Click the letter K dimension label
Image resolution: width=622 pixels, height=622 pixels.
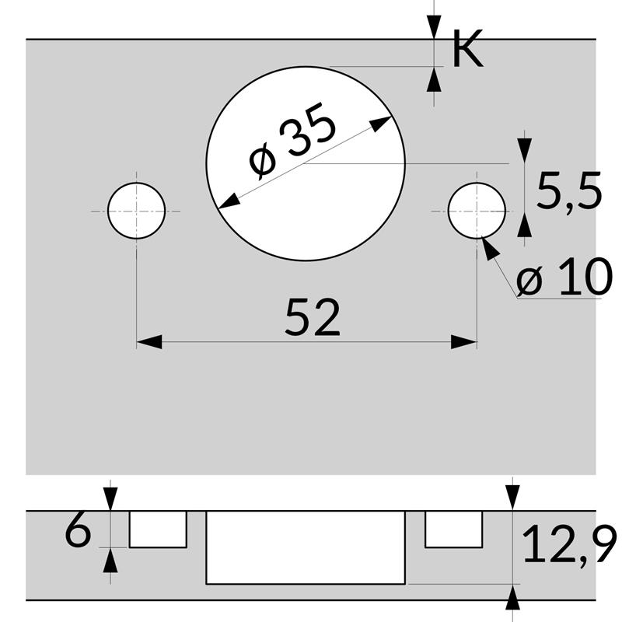[x=466, y=51]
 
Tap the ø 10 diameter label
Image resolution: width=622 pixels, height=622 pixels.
[x=563, y=278]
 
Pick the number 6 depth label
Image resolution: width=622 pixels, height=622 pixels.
[x=78, y=533]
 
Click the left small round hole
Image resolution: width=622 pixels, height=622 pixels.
[x=137, y=211]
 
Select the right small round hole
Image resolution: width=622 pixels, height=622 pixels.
[x=477, y=211]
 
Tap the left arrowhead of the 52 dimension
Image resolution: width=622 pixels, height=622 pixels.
[x=149, y=342]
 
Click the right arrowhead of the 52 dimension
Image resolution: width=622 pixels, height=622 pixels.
[x=465, y=342]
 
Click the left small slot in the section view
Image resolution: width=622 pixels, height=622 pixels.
[x=158, y=529]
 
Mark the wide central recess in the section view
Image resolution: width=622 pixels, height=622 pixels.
[x=306, y=547]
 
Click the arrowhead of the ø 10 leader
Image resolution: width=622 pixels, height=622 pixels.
[x=488, y=246]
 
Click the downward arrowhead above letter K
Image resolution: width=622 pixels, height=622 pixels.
[x=433, y=28]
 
